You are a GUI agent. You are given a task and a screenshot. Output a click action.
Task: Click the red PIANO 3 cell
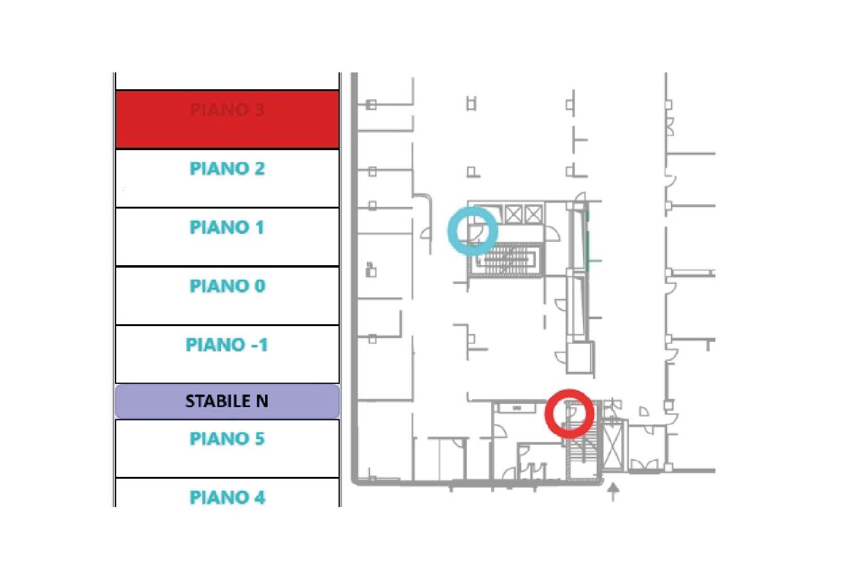[x=227, y=119]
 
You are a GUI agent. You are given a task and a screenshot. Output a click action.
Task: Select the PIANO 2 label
[x=227, y=169]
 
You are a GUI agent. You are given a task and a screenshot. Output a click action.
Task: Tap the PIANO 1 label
[x=227, y=227]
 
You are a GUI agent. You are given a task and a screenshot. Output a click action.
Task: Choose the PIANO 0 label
[x=227, y=286]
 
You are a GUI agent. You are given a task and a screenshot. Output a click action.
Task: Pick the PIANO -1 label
[x=227, y=345]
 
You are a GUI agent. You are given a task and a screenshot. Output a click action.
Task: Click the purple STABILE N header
[x=227, y=401]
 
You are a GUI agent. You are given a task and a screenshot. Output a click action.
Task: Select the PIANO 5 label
[x=227, y=439]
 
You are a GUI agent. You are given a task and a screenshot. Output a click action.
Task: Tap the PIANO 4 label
[x=227, y=498]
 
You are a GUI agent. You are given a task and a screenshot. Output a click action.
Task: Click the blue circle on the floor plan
[x=472, y=231]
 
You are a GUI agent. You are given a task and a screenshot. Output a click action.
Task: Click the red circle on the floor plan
[x=569, y=413]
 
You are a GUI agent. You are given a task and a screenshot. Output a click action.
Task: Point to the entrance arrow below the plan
[x=613, y=491]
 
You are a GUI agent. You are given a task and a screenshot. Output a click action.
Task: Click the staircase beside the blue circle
[x=506, y=259]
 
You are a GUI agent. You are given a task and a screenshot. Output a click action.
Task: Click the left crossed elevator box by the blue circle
[x=514, y=214]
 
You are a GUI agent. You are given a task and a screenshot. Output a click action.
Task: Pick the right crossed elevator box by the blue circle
[x=533, y=214]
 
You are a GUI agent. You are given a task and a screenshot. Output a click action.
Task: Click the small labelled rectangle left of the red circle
[x=517, y=408]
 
